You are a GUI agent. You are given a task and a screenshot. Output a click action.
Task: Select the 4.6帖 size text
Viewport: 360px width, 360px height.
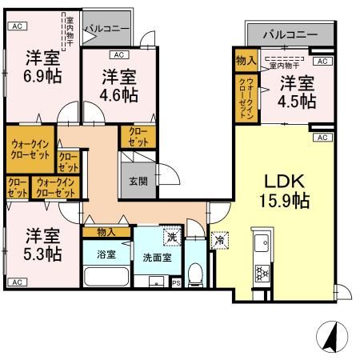tap(118, 94)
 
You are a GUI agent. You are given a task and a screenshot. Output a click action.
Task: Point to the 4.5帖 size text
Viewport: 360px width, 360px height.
tap(296, 102)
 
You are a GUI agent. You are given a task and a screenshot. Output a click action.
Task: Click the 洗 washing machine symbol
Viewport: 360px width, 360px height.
tap(170, 237)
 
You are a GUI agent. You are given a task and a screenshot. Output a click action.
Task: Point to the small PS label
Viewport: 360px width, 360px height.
tap(175, 282)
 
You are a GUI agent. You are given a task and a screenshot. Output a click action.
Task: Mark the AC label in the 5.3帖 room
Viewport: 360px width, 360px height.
tap(15, 282)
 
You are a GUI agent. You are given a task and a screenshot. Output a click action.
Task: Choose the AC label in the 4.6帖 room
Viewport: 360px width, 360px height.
tap(118, 55)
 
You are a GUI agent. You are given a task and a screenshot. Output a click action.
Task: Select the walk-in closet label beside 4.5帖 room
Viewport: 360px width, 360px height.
tap(246, 98)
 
